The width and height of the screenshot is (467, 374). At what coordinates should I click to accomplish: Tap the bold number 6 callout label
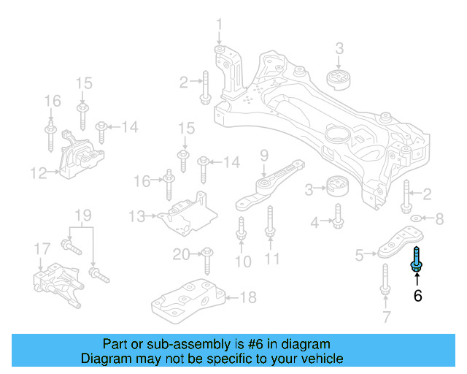click(x=417, y=296)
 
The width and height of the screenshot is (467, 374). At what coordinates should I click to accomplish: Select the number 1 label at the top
click(x=218, y=27)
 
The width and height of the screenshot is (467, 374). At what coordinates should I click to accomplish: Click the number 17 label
click(x=42, y=251)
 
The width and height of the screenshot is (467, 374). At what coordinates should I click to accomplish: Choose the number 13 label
click(x=136, y=216)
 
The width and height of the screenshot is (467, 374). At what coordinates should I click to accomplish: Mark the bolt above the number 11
click(x=270, y=223)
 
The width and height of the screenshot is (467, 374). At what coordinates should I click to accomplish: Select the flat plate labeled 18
click(x=188, y=300)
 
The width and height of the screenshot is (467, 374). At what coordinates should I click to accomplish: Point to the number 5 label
click(x=359, y=255)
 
